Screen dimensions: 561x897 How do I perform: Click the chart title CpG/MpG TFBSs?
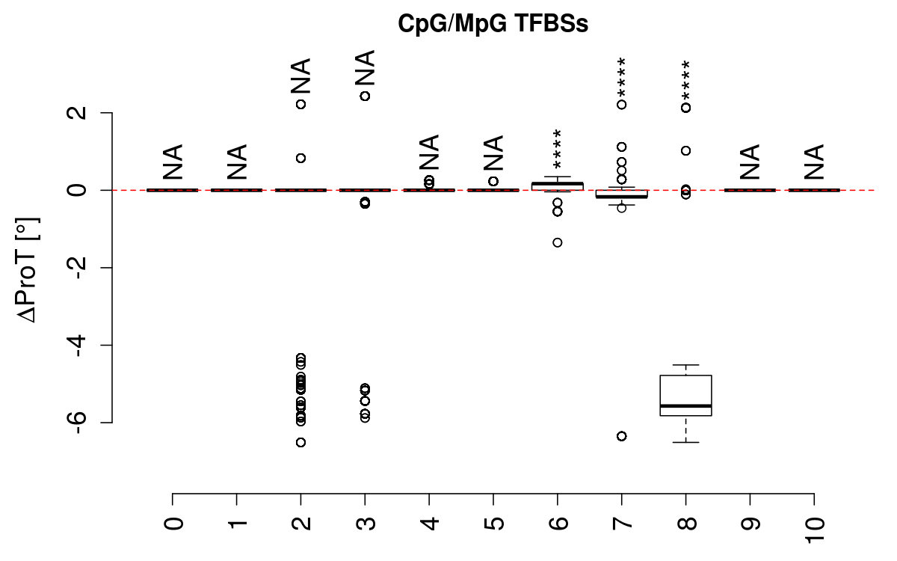coord(493,25)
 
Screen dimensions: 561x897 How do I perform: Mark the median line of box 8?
coord(685,405)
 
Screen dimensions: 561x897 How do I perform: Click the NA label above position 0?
coord(173,162)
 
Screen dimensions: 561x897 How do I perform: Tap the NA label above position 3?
coord(365,69)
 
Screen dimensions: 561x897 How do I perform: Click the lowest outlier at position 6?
coord(558,242)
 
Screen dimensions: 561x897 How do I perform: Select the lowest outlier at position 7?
coord(621,436)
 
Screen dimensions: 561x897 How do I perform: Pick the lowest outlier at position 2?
coord(300,442)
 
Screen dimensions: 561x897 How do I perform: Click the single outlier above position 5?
coord(493,181)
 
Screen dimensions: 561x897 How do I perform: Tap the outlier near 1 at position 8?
coord(685,150)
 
